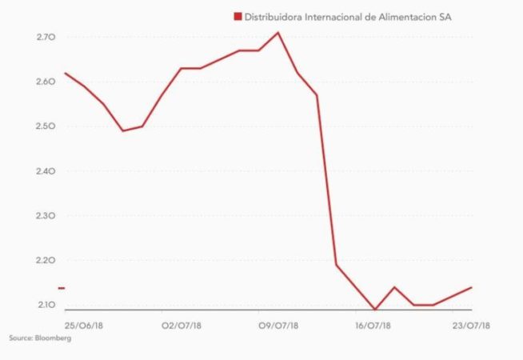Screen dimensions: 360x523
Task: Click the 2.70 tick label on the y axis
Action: pos(45,37)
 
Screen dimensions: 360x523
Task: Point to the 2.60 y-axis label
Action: pos(45,82)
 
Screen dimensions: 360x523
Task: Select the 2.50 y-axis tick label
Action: pos(45,126)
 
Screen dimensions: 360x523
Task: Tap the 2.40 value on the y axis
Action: pos(45,171)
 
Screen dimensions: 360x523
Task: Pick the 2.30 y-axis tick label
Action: pos(45,216)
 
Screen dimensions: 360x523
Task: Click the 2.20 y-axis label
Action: pos(45,261)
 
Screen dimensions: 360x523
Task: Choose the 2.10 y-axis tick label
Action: pos(45,305)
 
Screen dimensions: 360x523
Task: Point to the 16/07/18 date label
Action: pos(373,325)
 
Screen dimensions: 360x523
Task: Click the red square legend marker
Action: pos(237,16)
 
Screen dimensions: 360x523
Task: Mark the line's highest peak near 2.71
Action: pos(277,33)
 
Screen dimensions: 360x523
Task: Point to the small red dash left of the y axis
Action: pos(61,287)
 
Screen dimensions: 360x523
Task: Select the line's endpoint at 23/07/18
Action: pos(472,287)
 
